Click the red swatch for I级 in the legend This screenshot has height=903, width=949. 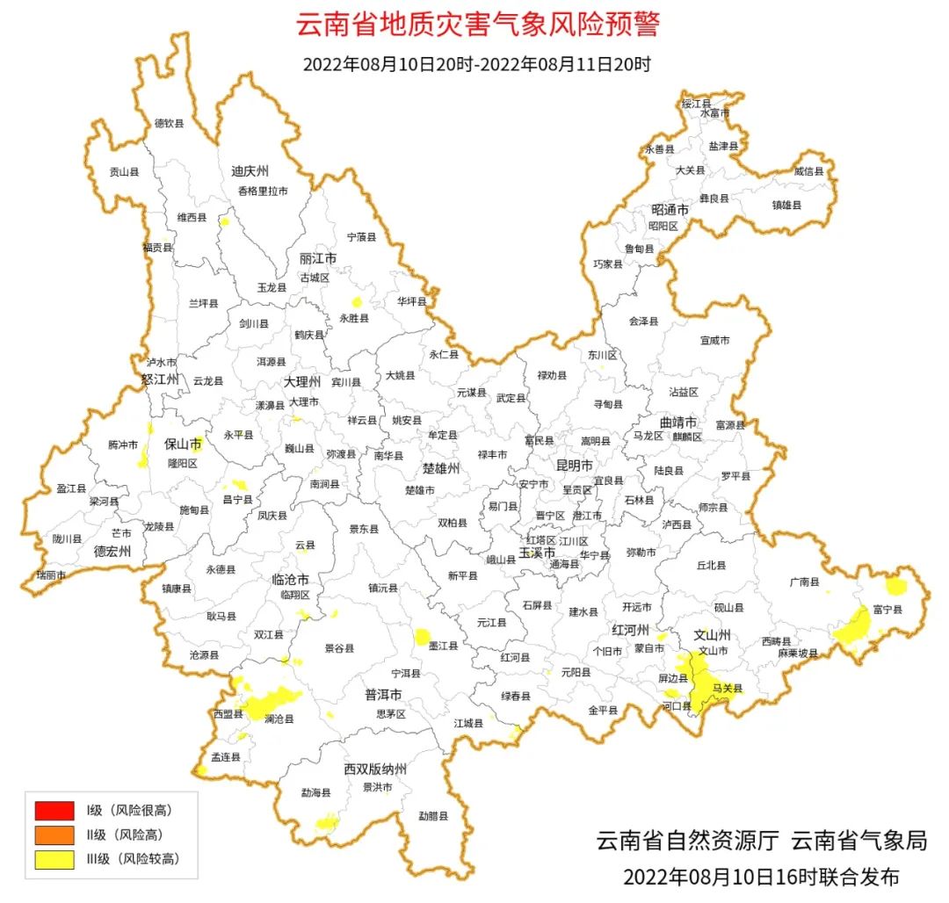coord(54,809)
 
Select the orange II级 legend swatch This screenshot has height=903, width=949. coord(54,834)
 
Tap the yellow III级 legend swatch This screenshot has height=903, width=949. coord(54,859)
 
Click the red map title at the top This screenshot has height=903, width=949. coord(477,25)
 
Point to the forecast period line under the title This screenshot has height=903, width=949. coord(476,64)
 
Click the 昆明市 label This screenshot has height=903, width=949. coord(575,465)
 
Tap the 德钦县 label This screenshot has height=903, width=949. coord(170,124)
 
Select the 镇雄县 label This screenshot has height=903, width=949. coord(786,205)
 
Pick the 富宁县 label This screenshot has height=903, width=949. coord(887,608)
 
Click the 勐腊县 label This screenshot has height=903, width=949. coord(433,816)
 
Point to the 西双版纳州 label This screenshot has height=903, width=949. coord(375,769)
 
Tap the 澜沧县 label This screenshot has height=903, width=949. coord(279,719)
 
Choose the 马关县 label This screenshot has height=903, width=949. coord(727,689)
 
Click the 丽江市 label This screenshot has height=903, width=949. coord(318,259)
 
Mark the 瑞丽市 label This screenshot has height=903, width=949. coord(50,574)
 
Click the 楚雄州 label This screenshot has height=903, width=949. coord(441,469)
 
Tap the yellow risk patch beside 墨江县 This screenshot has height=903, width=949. coord(423,637)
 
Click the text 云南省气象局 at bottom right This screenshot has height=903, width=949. coord(858,841)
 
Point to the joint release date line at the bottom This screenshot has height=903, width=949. coord(761,877)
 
